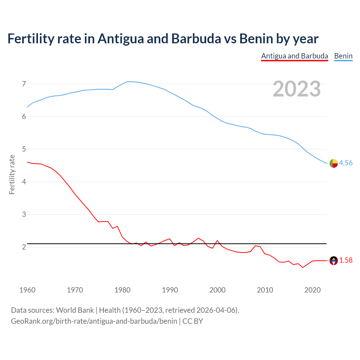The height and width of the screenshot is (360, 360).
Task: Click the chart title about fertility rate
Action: point(163,39)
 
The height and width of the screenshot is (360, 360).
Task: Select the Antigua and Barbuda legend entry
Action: point(294,56)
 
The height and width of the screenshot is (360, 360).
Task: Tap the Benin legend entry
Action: point(343,56)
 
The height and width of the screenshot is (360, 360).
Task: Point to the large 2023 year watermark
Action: point(296,89)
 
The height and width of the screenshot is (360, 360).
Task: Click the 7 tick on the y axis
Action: point(24,84)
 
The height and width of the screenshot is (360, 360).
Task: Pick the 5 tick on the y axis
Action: point(24,149)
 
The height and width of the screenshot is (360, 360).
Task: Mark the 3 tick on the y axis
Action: point(24,215)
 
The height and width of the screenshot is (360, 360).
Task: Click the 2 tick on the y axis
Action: point(24,247)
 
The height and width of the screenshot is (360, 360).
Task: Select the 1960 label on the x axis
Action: point(27,290)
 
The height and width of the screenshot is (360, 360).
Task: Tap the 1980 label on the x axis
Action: point(122,290)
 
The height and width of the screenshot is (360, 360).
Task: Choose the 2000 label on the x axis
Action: point(217,290)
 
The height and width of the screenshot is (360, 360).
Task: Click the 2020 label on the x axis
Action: point(312,290)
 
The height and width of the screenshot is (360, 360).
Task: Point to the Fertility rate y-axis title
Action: point(12,174)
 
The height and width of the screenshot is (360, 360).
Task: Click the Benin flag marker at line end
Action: point(334,163)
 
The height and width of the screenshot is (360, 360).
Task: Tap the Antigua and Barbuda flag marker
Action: point(334,261)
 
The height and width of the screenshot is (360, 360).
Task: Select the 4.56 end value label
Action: point(346,163)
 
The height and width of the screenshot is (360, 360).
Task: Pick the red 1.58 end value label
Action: point(346,260)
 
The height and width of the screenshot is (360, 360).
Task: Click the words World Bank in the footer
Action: point(75,310)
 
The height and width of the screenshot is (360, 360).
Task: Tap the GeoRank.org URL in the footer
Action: point(94,321)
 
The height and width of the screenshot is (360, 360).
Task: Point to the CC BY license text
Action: point(193,321)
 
